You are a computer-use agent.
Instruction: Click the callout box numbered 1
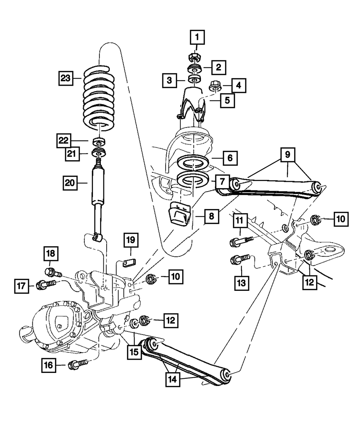pyautogui.click(x=197, y=37)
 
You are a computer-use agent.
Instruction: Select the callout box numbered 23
pyautogui.click(x=66, y=78)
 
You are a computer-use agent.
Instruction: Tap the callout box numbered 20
pyautogui.click(x=70, y=183)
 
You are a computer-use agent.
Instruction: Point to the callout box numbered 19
pyautogui.click(x=131, y=240)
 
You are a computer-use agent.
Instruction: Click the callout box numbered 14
pyautogui.click(x=173, y=380)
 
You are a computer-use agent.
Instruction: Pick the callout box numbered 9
pyautogui.click(x=288, y=155)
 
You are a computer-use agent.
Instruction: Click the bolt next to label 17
pyautogui.click(x=46, y=285)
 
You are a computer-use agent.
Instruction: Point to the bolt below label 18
pyautogui.click(x=53, y=272)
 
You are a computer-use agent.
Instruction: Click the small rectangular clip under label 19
pyautogui.click(x=129, y=263)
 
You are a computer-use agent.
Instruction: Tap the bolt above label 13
pyautogui.click(x=240, y=259)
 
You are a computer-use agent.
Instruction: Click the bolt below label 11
pyautogui.click(x=241, y=241)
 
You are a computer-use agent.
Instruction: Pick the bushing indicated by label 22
pyautogui.click(x=99, y=141)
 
